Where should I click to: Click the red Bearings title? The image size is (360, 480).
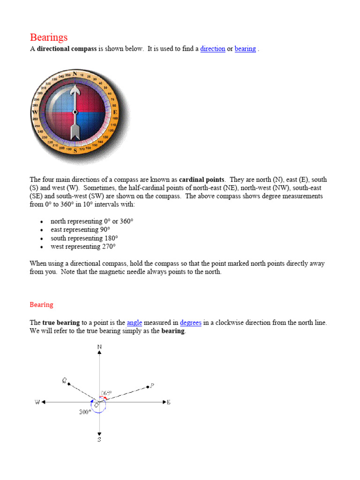tap(49, 37)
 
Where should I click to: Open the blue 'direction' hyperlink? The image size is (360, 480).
tap(212, 49)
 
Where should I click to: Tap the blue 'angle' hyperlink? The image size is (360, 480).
tap(134, 322)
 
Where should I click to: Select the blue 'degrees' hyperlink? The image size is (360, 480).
tap(190, 322)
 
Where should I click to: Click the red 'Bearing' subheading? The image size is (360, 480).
tap(41, 305)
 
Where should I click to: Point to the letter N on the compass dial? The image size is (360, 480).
tap(75, 73)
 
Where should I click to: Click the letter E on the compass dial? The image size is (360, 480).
tap(115, 112)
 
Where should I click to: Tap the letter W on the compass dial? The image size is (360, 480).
tap(35, 113)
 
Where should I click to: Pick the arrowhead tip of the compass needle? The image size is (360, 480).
tap(75, 85)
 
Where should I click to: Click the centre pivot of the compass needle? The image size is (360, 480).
tap(75, 112)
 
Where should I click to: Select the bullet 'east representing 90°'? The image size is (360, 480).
tap(80, 230)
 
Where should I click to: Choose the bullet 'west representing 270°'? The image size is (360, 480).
tap(82, 247)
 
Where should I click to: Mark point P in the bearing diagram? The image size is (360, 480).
tap(148, 387)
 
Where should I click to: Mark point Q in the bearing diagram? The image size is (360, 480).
tap(69, 384)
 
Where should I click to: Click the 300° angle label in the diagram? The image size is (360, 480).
tap(84, 412)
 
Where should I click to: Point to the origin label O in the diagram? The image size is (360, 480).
tap(96, 405)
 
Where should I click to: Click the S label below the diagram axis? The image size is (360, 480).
tap(99, 440)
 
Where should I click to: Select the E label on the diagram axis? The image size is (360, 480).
tap(168, 402)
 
